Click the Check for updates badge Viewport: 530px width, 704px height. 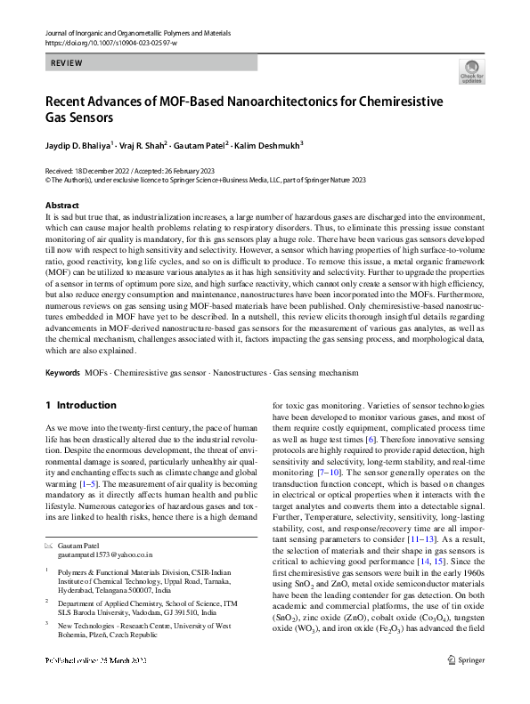pos(470,72)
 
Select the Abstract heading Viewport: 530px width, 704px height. pos(61,205)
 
